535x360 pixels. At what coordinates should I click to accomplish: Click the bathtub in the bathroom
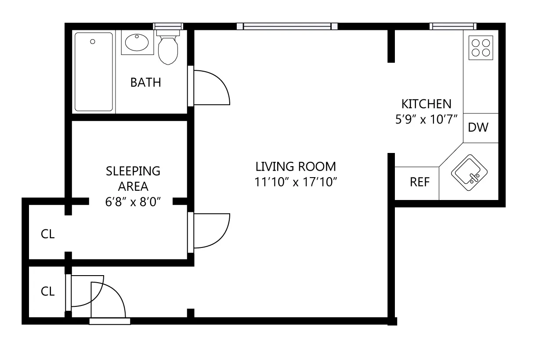[94, 72]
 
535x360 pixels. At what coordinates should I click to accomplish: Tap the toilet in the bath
[167, 49]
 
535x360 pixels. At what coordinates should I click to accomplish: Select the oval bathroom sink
[137, 43]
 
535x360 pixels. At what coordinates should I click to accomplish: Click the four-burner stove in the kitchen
[480, 47]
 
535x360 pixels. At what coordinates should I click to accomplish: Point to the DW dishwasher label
[478, 128]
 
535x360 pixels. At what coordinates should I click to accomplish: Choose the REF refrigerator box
[419, 182]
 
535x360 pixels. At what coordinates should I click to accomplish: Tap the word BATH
[146, 83]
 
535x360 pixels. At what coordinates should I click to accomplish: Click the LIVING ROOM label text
[295, 167]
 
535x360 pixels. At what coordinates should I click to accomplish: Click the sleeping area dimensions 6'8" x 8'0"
[133, 202]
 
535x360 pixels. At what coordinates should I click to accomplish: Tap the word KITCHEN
[426, 104]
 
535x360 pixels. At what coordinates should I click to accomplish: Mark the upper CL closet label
[47, 234]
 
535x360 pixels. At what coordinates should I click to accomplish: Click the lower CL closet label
[47, 291]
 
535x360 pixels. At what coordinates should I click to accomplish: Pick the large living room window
[287, 26]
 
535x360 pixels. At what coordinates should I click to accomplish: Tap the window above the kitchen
[453, 26]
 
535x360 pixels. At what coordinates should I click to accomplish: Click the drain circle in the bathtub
[93, 42]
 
